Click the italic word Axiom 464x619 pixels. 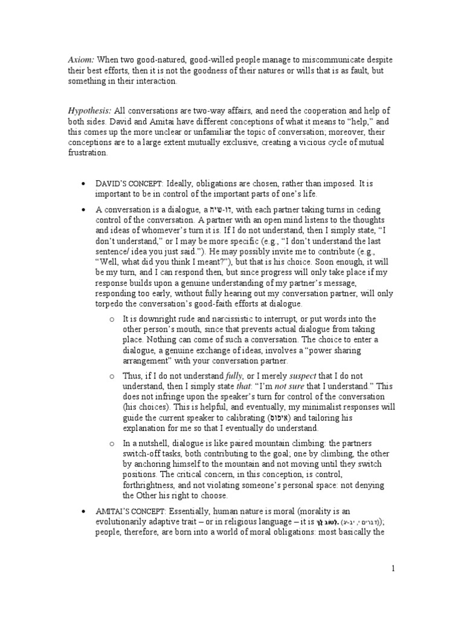(80, 59)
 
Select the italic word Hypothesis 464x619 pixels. (89, 110)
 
